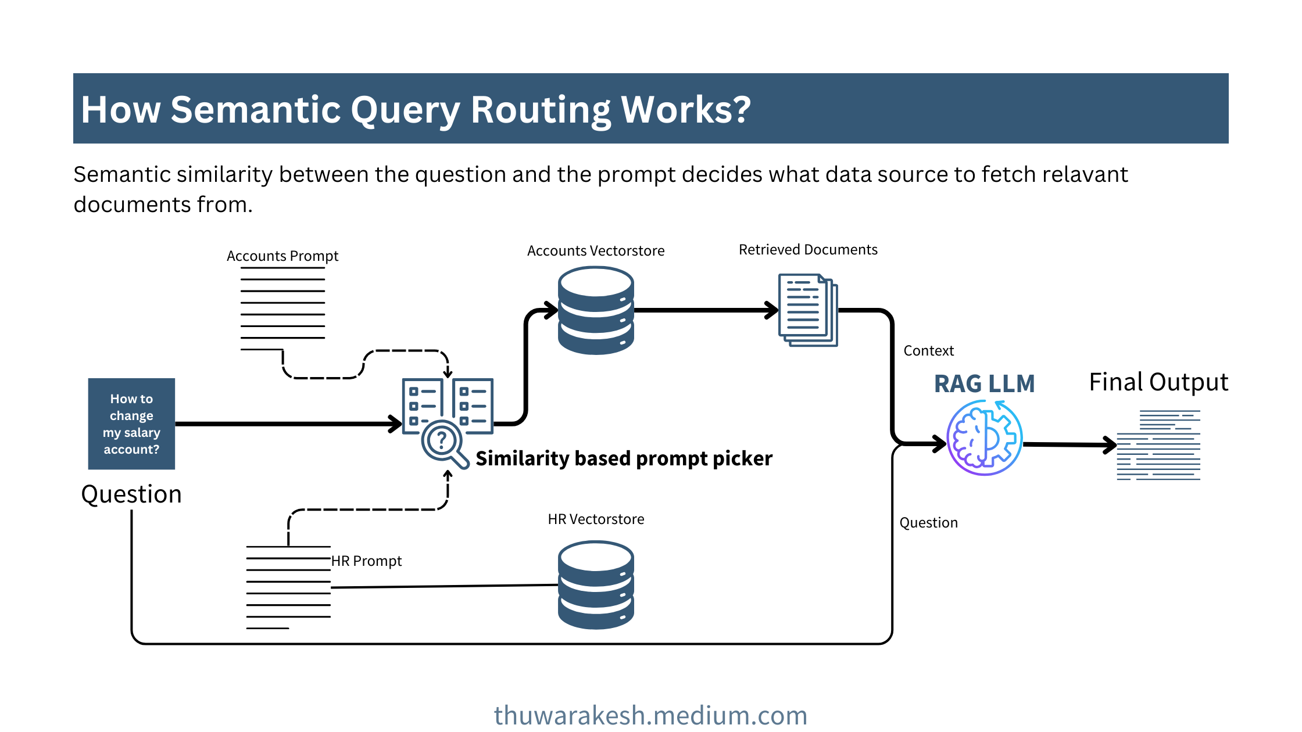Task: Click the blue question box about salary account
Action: pyautogui.click(x=131, y=424)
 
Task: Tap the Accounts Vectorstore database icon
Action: pyautogui.click(x=596, y=310)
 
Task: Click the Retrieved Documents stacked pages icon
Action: pyautogui.click(x=808, y=310)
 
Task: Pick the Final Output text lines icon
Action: pyautogui.click(x=1158, y=445)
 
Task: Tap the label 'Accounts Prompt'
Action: pyautogui.click(x=282, y=256)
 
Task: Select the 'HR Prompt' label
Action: pyautogui.click(x=366, y=561)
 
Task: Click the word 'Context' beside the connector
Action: pyautogui.click(x=928, y=351)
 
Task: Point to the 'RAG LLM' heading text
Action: pyautogui.click(x=984, y=384)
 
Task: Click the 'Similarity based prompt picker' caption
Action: pyautogui.click(x=624, y=459)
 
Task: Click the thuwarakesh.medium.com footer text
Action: pyautogui.click(x=650, y=715)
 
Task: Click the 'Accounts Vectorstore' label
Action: pyautogui.click(x=596, y=251)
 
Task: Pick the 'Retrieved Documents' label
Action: pyautogui.click(x=808, y=250)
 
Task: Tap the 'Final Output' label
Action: pyautogui.click(x=1158, y=382)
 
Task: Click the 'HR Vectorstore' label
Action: pyautogui.click(x=596, y=519)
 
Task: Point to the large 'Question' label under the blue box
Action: pyautogui.click(x=131, y=494)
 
